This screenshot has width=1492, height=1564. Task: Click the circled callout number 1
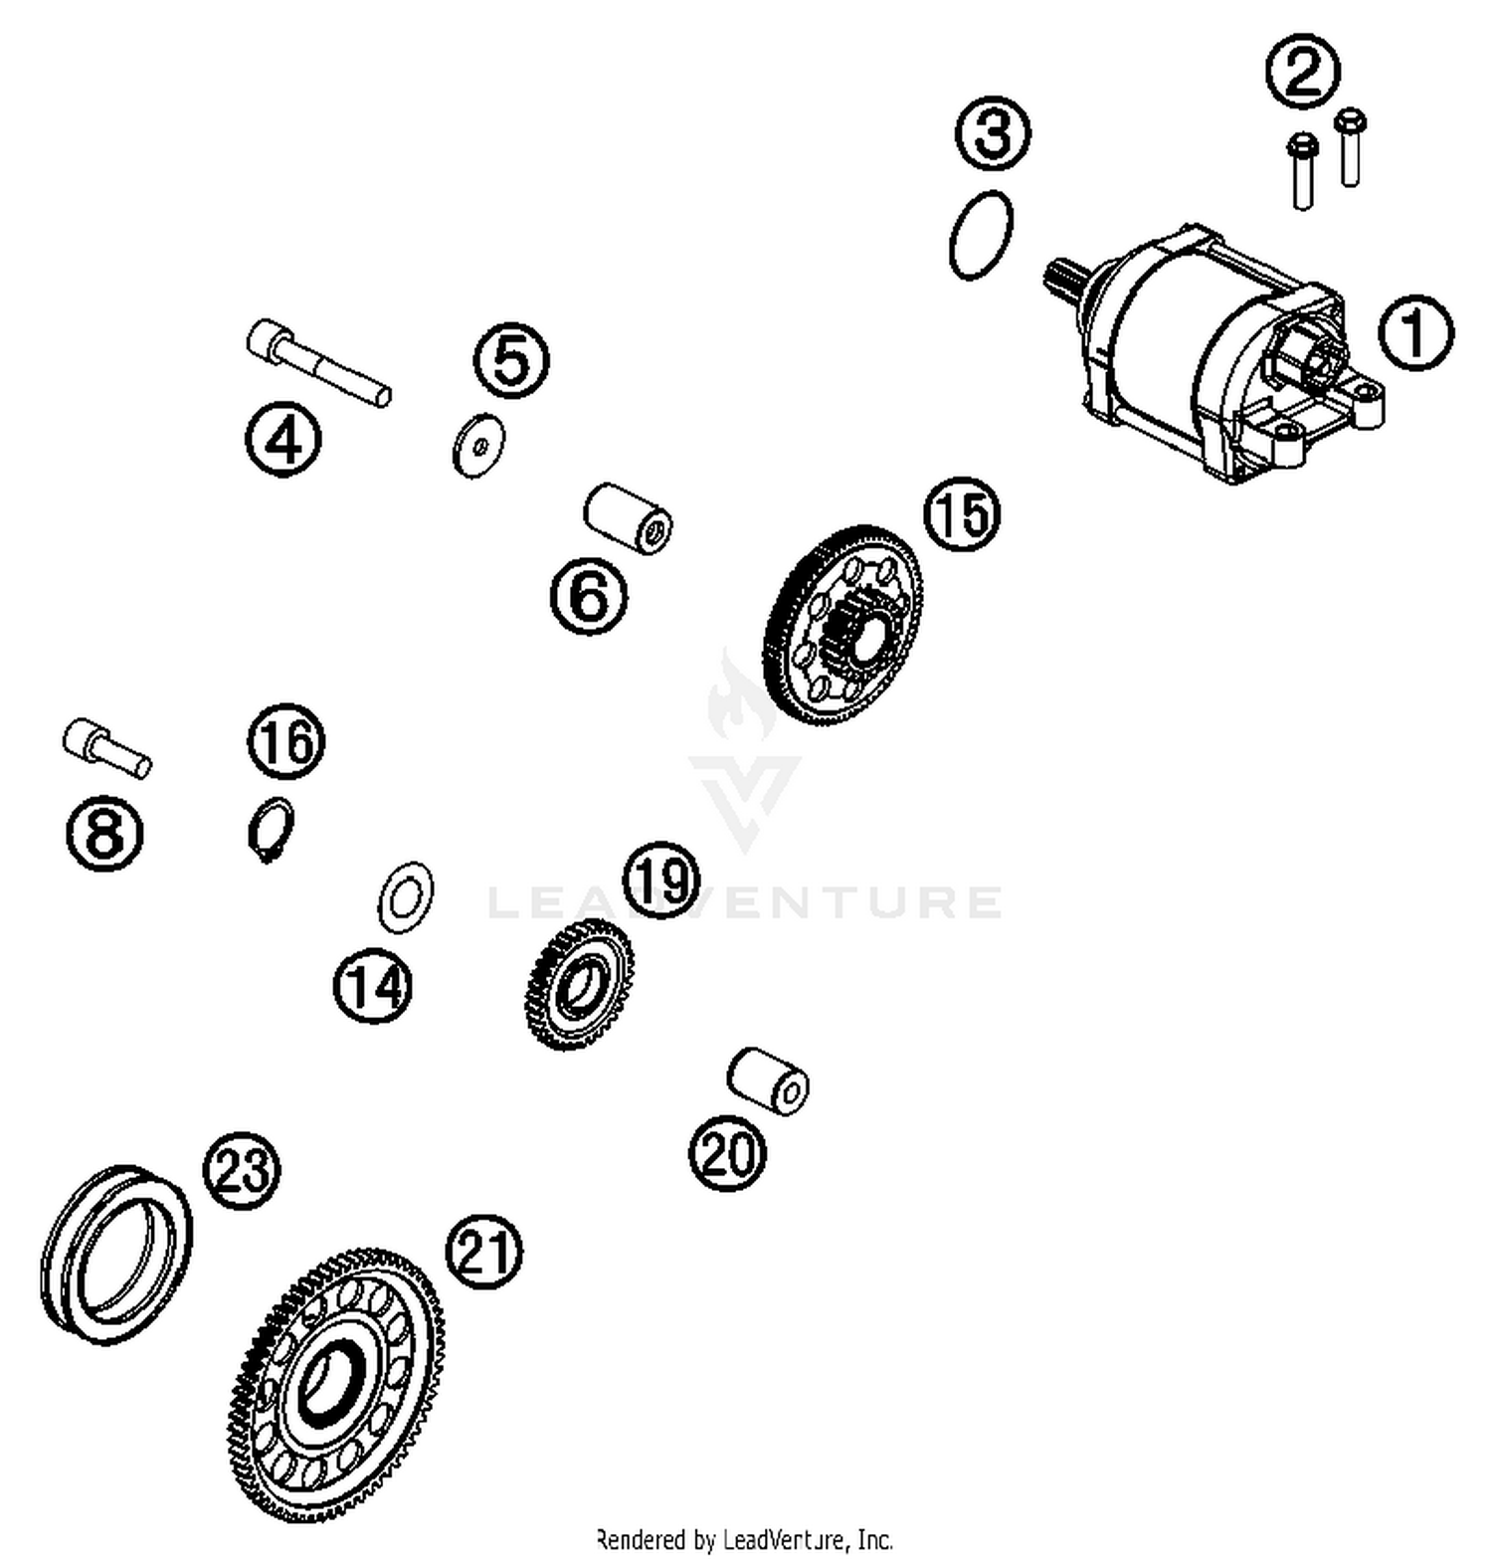click(1415, 332)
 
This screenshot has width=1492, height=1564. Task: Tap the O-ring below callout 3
click(981, 235)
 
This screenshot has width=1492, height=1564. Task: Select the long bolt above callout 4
click(317, 361)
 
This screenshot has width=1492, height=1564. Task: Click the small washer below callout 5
click(478, 444)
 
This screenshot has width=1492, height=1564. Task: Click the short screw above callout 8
click(105, 748)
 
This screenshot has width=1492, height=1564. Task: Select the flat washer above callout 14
click(405, 897)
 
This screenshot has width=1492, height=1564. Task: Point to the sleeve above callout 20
click(768, 1080)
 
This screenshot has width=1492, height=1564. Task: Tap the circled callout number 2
click(1302, 71)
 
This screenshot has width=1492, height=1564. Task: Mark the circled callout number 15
click(962, 513)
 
